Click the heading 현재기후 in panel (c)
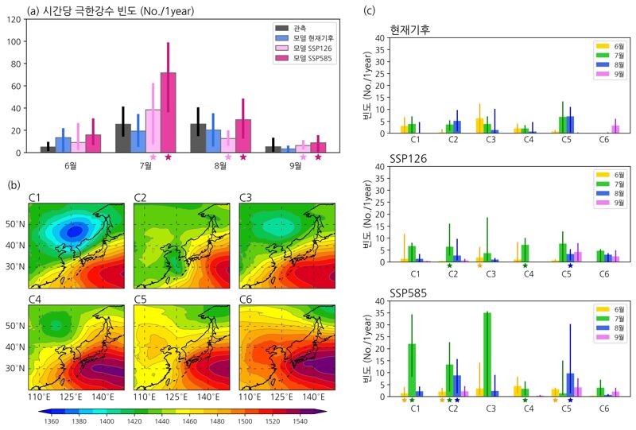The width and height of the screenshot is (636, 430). coord(410,30)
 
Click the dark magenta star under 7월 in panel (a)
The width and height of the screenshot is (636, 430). coord(168,157)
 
